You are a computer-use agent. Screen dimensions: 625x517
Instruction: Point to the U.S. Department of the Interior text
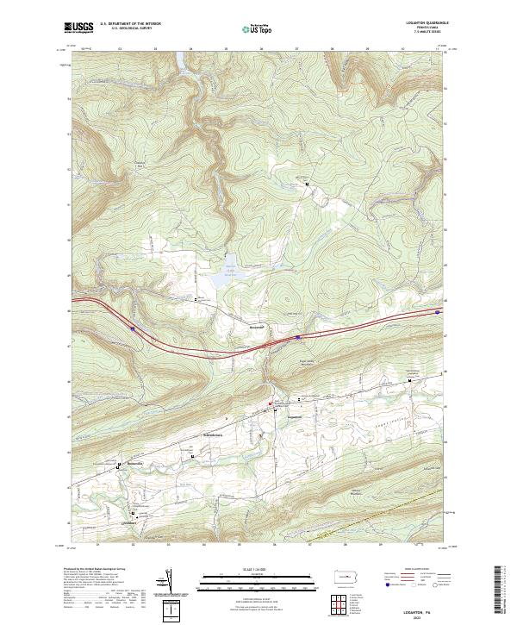click(130, 24)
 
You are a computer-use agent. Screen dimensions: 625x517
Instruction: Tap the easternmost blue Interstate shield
click(439, 312)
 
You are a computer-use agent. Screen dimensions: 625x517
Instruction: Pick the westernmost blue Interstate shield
click(132, 328)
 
